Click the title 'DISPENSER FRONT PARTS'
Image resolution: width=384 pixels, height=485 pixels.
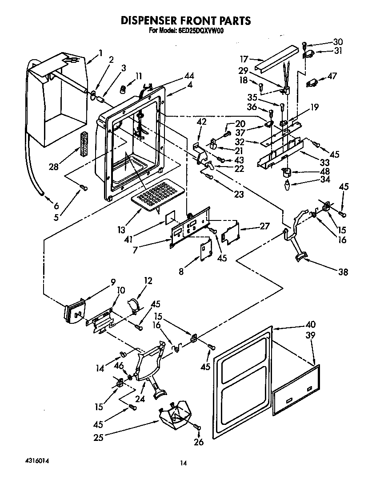186,20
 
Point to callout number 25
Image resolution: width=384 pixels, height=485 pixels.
99,437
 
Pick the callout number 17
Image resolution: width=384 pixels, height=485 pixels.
244,58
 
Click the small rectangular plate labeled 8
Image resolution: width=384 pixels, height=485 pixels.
205,250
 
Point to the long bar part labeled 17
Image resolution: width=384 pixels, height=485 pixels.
276,57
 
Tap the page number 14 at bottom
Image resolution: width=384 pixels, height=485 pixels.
182,463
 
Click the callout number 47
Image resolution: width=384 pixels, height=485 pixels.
332,77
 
